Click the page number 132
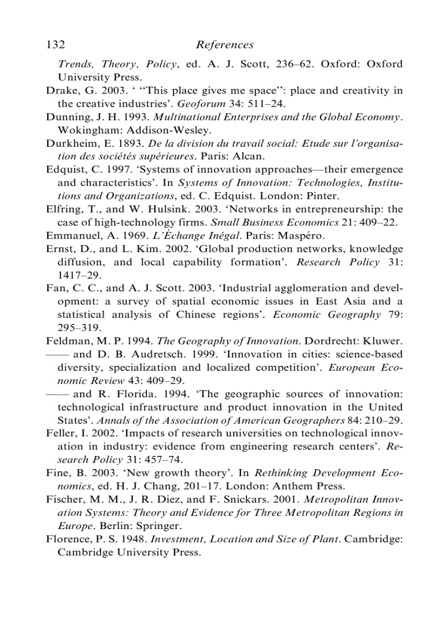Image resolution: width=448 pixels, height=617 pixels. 56,45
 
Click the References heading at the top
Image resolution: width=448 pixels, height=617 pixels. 225,45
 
